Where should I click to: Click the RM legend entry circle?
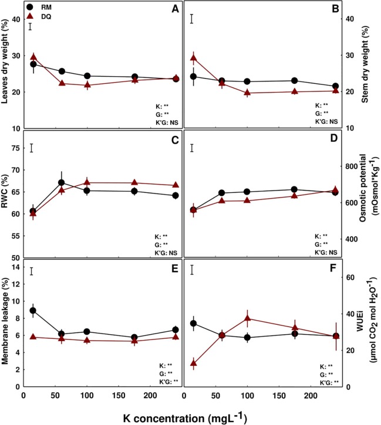[29, 9]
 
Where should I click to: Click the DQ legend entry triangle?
[29, 18]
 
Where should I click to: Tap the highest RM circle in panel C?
[61, 183]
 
